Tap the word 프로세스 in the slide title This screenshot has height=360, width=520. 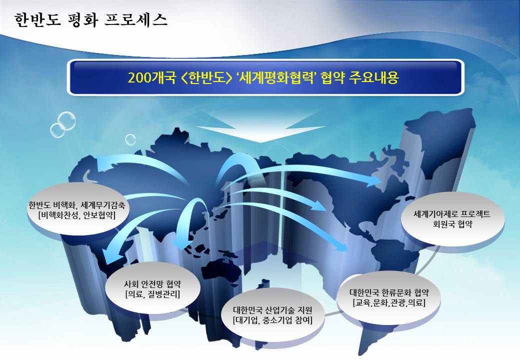point(135,20)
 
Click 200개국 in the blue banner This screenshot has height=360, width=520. point(151,77)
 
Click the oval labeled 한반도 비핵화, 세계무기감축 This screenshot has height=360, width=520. point(76,209)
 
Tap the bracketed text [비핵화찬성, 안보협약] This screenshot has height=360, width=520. point(77,215)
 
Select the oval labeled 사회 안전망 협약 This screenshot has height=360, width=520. point(152,288)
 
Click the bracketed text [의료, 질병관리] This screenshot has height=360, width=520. point(152,293)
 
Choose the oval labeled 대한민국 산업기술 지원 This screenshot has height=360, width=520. point(272,315)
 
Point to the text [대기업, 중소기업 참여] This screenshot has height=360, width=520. point(272,320)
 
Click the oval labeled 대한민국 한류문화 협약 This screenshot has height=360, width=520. point(389,297)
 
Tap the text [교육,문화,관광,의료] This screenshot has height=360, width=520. point(389,302)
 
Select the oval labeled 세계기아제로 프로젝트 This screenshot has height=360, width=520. point(452,219)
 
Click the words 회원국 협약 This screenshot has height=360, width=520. point(452,224)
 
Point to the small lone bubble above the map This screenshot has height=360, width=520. point(130,139)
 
